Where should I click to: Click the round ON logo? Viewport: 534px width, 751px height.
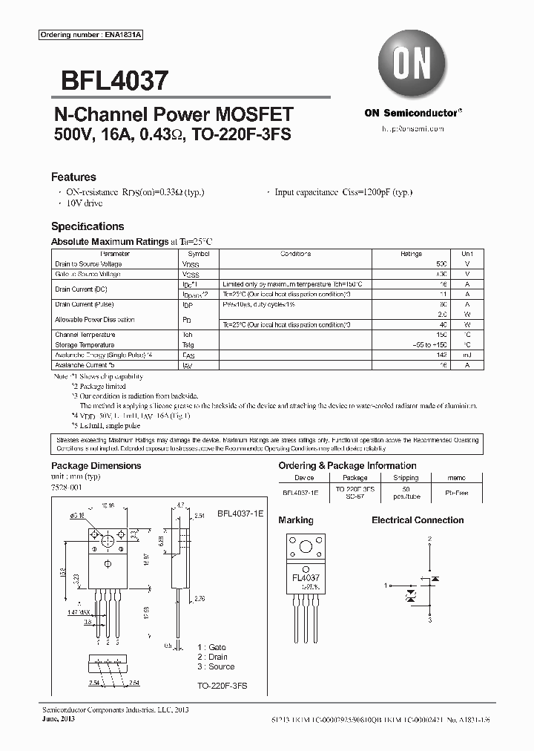(412, 65)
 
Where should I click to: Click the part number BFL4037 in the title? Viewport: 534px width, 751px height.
(110, 80)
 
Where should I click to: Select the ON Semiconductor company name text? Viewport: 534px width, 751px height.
(412, 113)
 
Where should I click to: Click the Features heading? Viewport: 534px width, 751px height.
(73, 177)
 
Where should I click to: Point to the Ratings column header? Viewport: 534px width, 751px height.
(411, 254)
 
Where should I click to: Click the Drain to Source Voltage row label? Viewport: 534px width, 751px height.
(88, 264)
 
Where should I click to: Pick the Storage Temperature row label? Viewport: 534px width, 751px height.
(85, 345)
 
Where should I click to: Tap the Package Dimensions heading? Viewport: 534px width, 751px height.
(96, 466)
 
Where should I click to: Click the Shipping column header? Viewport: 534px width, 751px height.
(406, 479)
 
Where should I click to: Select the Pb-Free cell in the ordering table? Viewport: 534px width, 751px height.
(456, 491)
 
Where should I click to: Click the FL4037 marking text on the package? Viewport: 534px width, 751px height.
(305, 577)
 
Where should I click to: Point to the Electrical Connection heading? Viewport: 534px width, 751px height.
(418, 520)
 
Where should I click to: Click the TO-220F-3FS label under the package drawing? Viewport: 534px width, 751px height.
(222, 687)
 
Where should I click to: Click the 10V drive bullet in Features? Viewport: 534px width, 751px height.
(83, 203)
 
